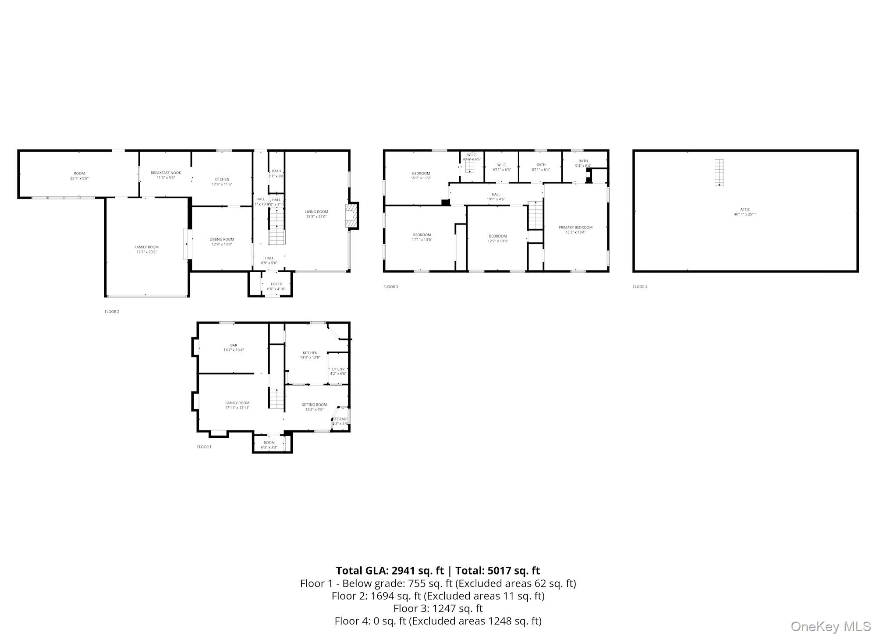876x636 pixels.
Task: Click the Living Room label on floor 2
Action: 316,212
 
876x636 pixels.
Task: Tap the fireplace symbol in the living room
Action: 351,216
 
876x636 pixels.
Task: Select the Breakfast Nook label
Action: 166,173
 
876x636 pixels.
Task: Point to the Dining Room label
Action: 222,239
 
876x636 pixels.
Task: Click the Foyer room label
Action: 276,284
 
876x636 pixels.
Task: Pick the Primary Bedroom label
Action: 575,227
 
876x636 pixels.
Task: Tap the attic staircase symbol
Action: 719,173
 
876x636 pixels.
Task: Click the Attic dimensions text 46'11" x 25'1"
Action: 745,214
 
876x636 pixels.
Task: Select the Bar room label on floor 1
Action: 234,345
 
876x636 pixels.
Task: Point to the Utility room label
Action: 338,369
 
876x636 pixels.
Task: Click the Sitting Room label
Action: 314,405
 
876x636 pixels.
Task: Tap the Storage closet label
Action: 340,419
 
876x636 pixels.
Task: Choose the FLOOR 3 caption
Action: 390,287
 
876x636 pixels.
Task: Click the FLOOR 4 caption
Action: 640,287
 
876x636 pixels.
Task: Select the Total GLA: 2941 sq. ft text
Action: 390,570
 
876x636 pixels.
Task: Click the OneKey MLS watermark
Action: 830,626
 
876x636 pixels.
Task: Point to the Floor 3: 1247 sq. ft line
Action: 438,608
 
